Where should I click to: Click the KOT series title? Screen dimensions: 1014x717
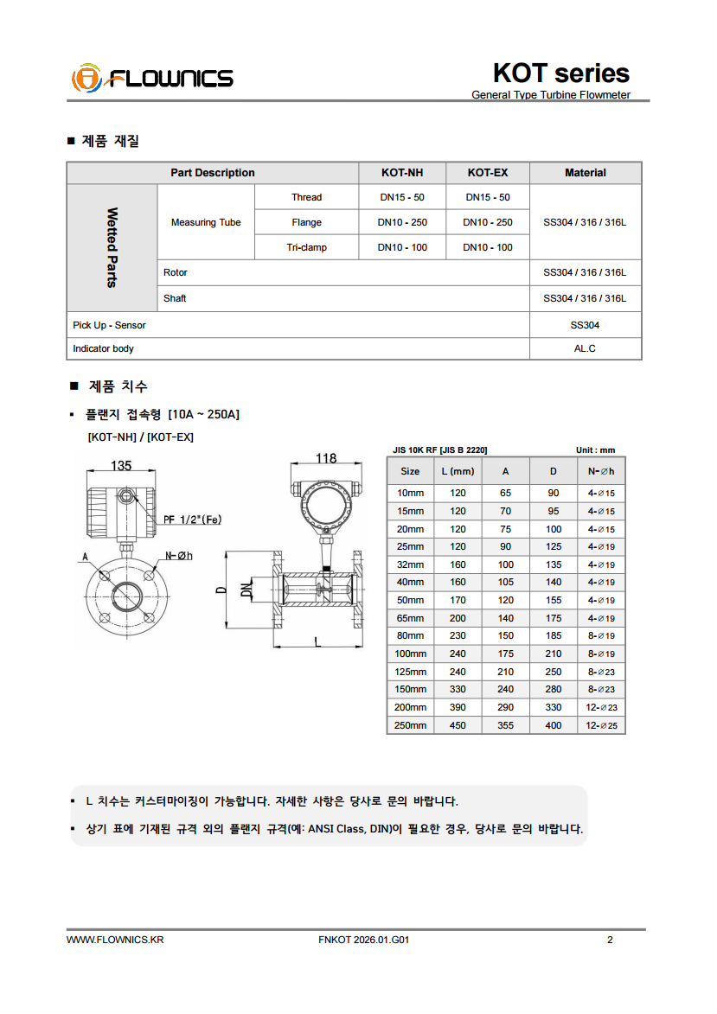pos(560,73)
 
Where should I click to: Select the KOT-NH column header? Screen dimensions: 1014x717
pos(401,173)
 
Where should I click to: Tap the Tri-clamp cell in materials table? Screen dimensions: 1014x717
pos(306,247)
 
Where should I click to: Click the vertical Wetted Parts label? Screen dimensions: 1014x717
pos(112,247)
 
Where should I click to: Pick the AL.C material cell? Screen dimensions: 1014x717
pos(585,348)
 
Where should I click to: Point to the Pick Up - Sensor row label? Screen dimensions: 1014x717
pos(110,325)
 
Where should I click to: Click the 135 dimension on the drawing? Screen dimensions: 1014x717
pos(121,466)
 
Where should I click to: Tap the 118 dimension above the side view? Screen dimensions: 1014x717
pos(325,459)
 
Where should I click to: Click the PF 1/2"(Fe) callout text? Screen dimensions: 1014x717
pos(192,520)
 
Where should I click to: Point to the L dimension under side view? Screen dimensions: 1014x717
pos(318,641)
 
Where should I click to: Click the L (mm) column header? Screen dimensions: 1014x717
pos(458,471)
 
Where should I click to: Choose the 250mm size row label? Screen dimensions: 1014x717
pos(411,725)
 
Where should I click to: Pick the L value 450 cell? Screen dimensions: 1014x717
pos(458,725)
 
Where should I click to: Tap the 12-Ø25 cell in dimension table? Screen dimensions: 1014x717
pos(601,725)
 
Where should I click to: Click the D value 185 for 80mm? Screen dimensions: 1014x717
pos(553,635)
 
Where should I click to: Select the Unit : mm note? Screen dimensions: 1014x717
pos(595,450)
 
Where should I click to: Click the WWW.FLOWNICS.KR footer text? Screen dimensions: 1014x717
pos(114,941)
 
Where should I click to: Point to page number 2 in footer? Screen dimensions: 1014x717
pos(610,941)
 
